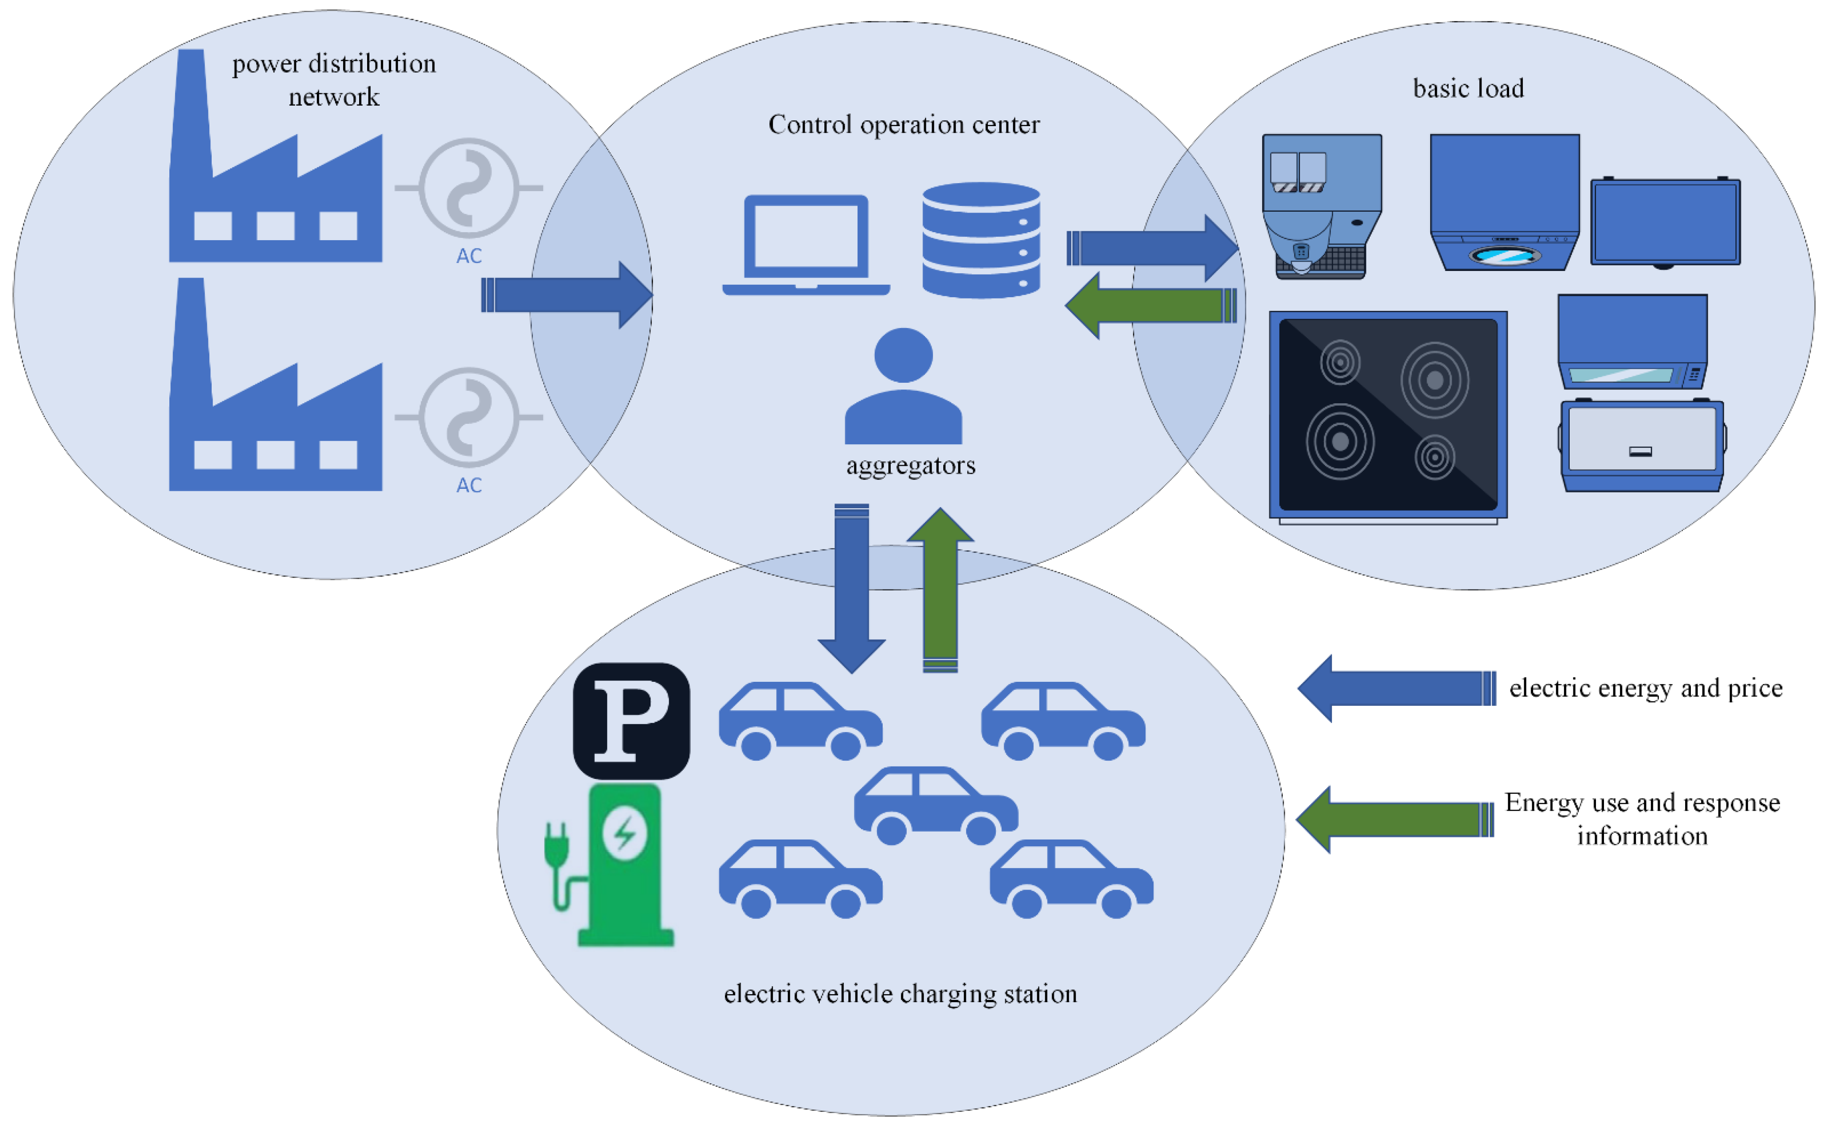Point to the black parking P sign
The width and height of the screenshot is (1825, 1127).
(x=631, y=721)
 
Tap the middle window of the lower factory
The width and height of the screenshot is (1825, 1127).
(x=276, y=455)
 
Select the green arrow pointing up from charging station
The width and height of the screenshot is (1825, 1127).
(x=941, y=589)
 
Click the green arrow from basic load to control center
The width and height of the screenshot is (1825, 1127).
(x=1151, y=306)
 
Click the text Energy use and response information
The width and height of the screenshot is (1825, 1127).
(x=1642, y=819)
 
